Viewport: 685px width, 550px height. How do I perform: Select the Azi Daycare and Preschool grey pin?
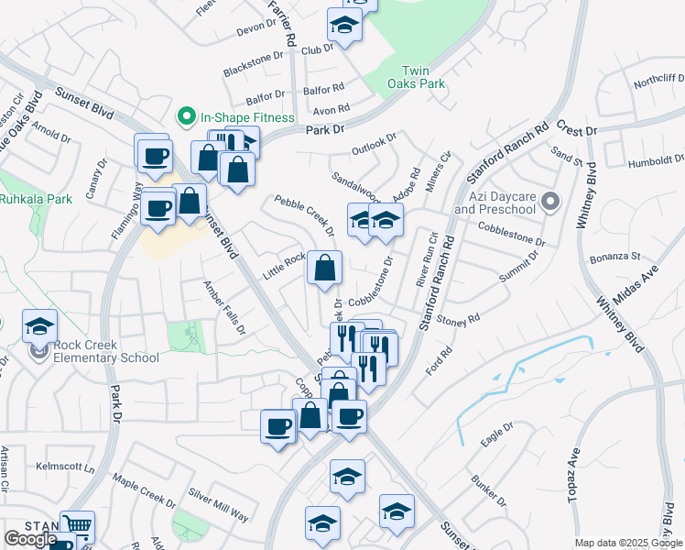click(x=549, y=200)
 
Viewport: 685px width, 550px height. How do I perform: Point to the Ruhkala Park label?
click(x=35, y=198)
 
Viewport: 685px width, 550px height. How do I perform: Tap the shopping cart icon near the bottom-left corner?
click(x=77, y=526)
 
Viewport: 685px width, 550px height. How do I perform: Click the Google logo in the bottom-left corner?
click(x=29, y=539)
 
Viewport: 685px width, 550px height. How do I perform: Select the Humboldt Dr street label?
click(x=656, y=162)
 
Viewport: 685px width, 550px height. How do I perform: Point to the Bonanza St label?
click(x=614, y=259)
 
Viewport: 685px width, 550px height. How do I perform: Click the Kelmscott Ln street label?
click(x=65, y=467)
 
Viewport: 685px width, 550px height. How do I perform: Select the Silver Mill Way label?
click(x=218, y=511)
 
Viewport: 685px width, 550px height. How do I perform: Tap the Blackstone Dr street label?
click(x=254, y=61)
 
